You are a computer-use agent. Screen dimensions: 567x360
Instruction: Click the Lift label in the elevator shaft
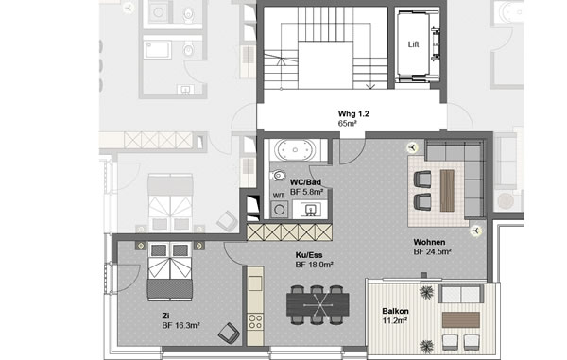413,44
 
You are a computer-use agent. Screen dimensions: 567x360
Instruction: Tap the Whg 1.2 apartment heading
353,113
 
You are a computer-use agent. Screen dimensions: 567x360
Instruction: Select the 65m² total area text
347,124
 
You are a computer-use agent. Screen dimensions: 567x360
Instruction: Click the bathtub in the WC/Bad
295,150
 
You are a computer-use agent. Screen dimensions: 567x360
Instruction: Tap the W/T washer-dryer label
279,196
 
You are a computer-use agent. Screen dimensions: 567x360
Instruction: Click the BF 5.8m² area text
306,192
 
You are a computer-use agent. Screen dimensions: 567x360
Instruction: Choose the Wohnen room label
429,242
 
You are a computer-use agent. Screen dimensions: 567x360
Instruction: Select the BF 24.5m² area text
432,252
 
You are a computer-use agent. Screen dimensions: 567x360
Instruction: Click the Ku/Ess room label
309,255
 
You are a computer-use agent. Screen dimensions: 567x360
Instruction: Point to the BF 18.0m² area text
315,265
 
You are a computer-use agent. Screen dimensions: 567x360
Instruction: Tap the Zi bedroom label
166,317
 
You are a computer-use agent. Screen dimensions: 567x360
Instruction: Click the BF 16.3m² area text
180,326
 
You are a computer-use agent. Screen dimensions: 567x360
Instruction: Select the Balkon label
395,311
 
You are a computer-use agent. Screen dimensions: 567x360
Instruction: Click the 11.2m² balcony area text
395,320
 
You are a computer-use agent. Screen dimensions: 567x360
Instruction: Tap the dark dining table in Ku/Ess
318,304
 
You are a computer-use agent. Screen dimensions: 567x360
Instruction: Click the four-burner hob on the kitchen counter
255,321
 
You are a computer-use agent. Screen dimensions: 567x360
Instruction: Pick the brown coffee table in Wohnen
447,191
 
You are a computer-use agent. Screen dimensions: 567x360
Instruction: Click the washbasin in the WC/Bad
310,209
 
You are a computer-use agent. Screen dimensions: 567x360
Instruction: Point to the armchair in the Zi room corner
229,333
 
